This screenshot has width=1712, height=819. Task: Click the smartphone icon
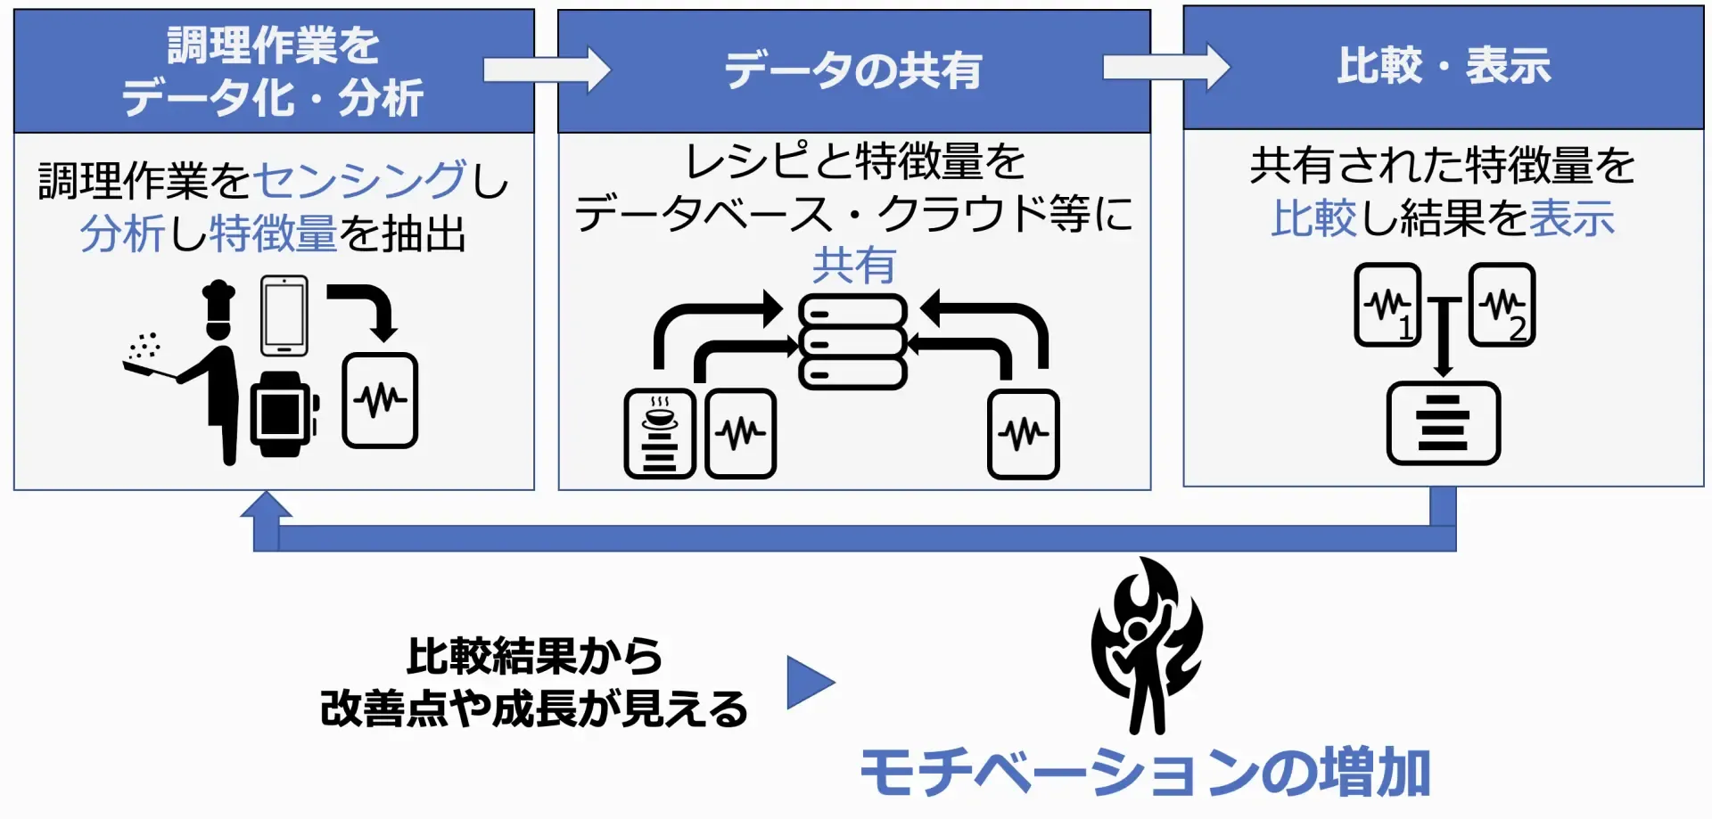[284, 315]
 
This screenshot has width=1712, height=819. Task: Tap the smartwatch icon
[283, 414]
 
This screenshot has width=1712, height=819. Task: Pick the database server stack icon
[852, 342]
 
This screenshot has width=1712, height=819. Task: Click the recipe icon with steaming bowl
[660, 433]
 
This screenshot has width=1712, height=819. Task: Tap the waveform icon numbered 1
[1387, 305]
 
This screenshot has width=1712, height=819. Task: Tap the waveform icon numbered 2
[1502, 305]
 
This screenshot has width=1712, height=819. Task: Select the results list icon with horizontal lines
[1443, 422]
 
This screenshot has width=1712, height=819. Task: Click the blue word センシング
[360, 180]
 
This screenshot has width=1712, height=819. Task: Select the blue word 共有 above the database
[853, 266]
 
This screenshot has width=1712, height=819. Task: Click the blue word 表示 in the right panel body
[1571, 218]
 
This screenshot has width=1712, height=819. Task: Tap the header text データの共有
[852, 70]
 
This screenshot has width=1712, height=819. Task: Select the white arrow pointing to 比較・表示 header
[1166, 67]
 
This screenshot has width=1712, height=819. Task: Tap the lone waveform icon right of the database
[1023, 434]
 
